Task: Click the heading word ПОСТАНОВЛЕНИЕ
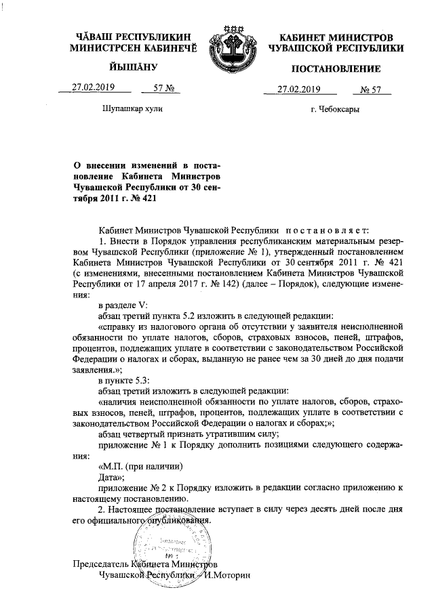point(336,69)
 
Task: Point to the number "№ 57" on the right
point(371,89)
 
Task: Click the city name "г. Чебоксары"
point(335,108)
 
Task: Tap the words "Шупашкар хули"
point(133,108)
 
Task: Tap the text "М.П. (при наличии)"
point(141,466)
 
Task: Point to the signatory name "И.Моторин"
point(229,575)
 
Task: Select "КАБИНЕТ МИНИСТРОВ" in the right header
point(335,36)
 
